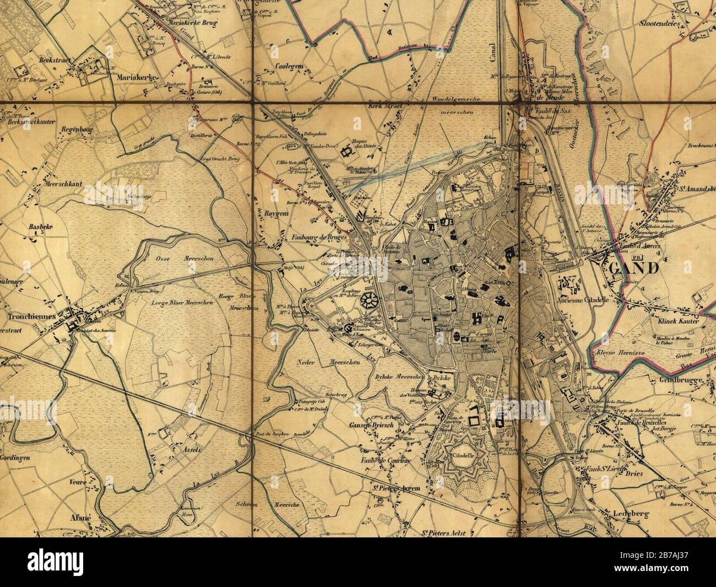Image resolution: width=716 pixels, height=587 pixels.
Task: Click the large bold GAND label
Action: [x=634, y=269]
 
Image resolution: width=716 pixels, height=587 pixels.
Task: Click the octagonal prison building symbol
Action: [x=368, y=303]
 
